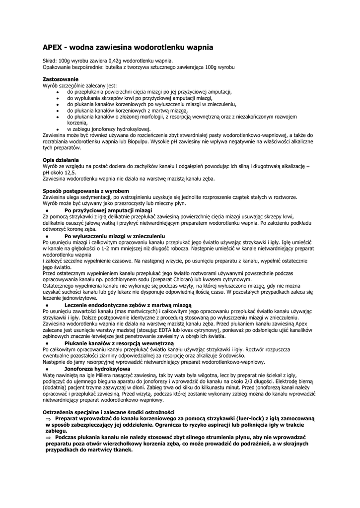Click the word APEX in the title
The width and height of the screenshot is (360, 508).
tap(53, 48)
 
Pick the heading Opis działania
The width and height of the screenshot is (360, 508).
tap(61, 160)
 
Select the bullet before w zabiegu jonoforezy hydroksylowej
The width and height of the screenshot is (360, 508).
tap(58, 128)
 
